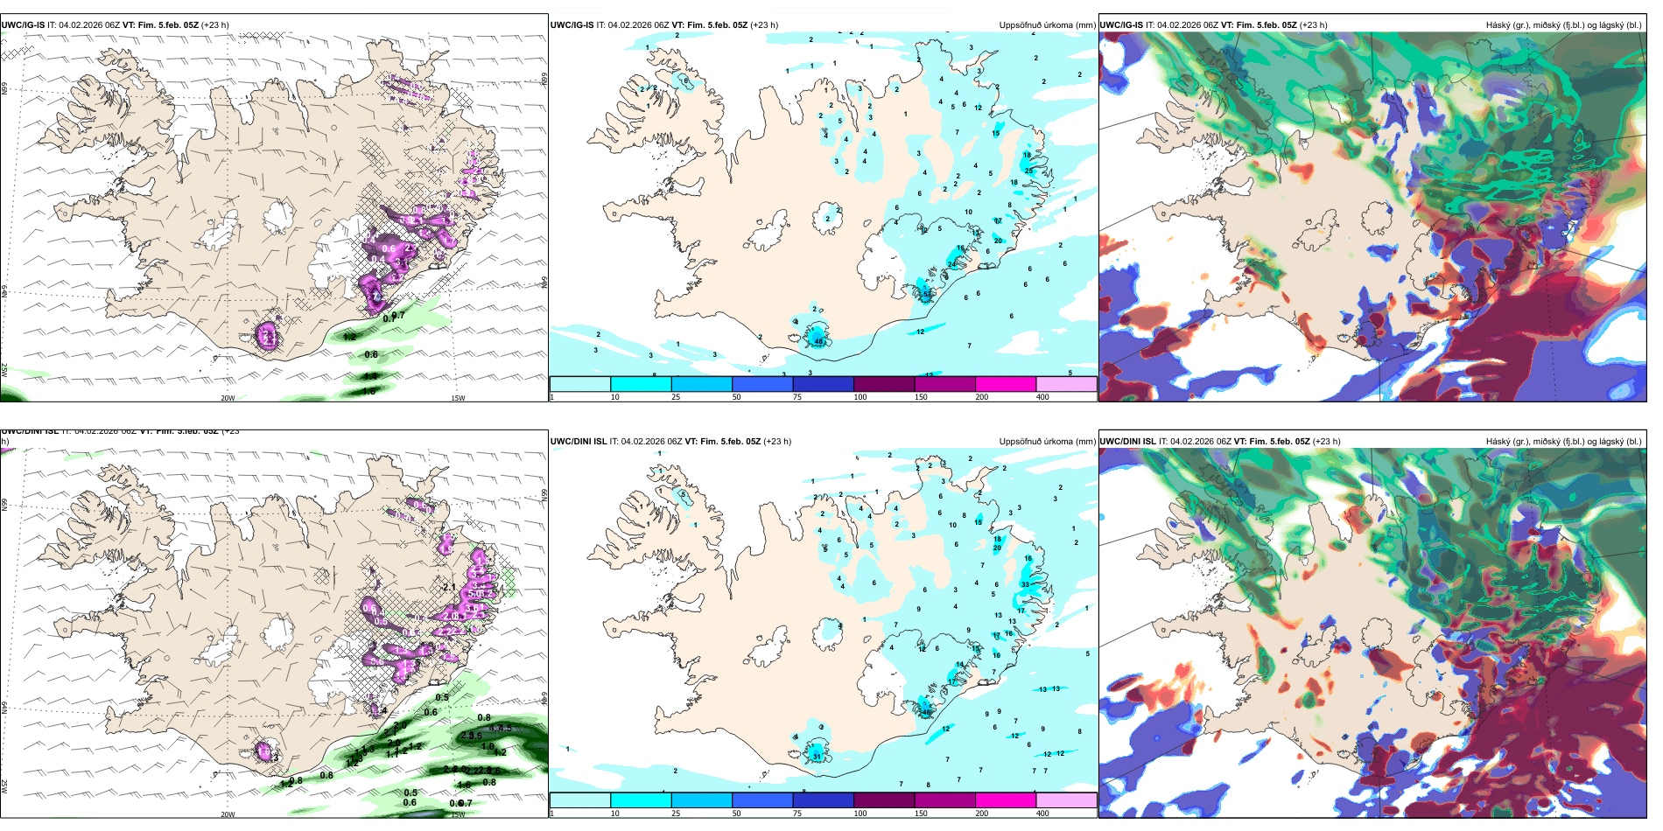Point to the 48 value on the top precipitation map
[x=819, y=341]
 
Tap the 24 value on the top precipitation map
[x=952, y=264]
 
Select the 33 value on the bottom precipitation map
[x=1025, y=584]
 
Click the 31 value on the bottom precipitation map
[x=817, y=756]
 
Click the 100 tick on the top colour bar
[x=860, y=397]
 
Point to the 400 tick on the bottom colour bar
[x=1042, y=814]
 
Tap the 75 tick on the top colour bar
[x=797, y=397]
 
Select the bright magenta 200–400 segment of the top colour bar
[x=1005, y=384]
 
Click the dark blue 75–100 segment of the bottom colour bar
[x=823, y=800]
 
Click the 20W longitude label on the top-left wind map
[x=228, y=398]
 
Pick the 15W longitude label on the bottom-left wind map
[x=458, y=814]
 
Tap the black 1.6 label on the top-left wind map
[x=369, y=390]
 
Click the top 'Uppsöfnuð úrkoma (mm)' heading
[x=1047, y=25]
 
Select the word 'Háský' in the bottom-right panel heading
[x=1499, y=442]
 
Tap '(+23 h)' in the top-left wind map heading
[x=215, y=25]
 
